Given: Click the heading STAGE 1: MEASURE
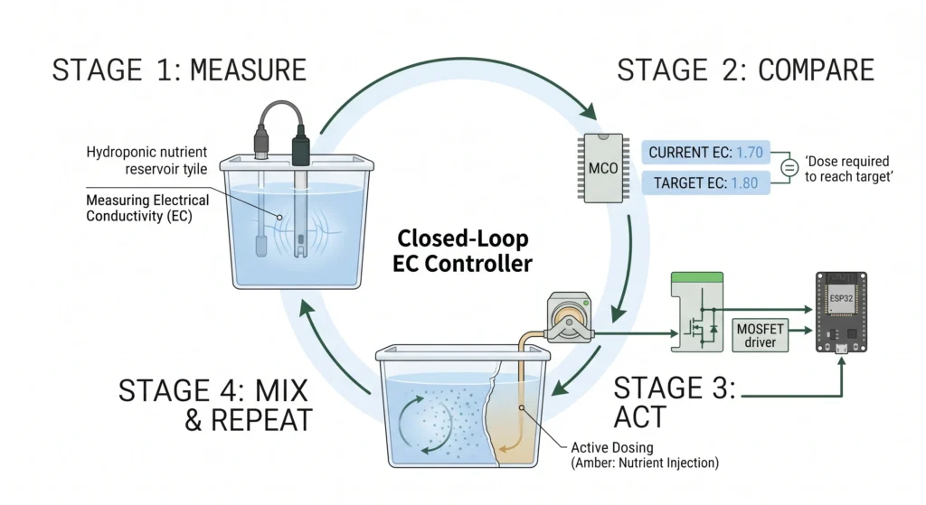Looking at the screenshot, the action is click(x=180, y=70).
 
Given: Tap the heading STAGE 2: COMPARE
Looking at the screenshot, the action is click(x=745, y=70).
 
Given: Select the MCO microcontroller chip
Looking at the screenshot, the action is click(x=603, y=168).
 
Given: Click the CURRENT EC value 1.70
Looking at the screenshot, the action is click(x=750, y=153).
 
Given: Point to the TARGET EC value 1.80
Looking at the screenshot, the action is click(x=744, y=182).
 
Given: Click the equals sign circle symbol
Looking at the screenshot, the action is click(x=789, y=167).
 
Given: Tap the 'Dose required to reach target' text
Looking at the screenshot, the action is click(x=848, y=169).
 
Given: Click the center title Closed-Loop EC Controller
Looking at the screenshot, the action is click(x=462, y=251).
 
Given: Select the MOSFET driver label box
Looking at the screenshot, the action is click(x=760, y=335).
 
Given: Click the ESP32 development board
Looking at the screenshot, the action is click(x=841, y=312).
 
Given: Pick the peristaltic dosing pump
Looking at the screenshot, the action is click(x=569, y=317).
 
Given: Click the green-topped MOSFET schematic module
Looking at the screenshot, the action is click(x=697, y=312).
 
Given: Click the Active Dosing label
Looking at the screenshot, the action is click(x=612, y=448).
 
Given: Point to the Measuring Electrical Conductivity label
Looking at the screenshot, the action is click(x=147, y=209).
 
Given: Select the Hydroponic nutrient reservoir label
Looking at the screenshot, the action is click(x=147, y=161).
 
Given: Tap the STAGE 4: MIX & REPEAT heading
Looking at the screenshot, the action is click(x=214, y=406).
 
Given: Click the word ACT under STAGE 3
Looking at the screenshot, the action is click(x=639, y=417).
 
